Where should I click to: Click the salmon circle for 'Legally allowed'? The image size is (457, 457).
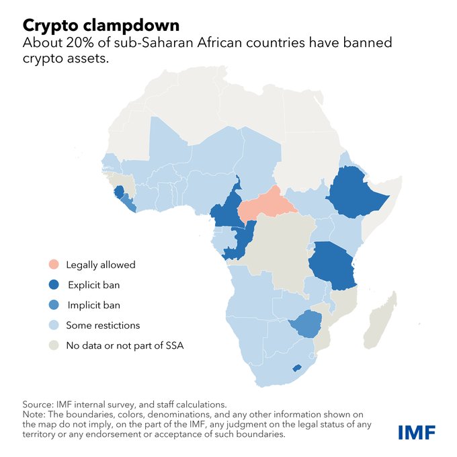coord(53,264)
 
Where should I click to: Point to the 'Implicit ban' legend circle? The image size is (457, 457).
coord(53,305)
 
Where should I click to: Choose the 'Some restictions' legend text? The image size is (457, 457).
coord(103,325)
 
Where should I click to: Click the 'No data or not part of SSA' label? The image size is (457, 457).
coord(124,345)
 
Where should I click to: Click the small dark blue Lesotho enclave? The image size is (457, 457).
coord(297,368)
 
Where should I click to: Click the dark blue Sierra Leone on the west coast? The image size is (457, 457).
coord(120,192)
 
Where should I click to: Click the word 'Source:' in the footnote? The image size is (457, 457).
coord(38,404)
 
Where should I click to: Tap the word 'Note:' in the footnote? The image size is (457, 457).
coord(34,415)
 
